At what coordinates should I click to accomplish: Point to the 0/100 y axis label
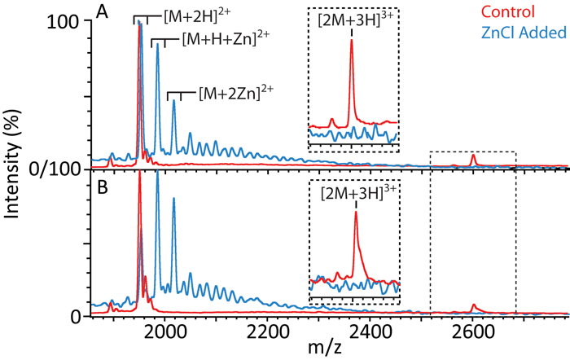point(53,169)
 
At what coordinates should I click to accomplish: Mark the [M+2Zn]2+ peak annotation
point(236,94)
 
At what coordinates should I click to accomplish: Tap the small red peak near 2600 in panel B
point(474,306)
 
